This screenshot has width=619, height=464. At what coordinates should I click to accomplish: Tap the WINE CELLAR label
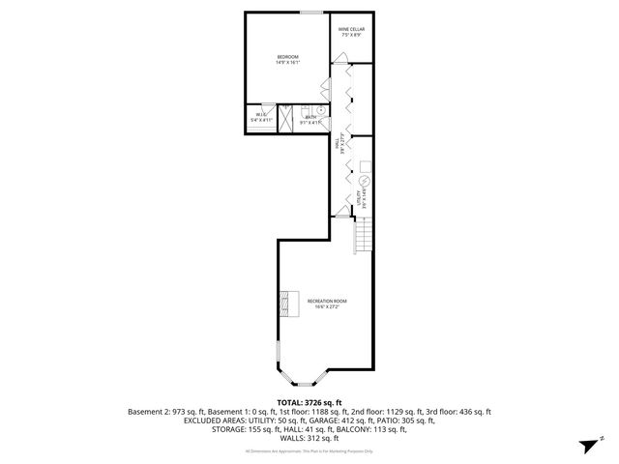(350, 29)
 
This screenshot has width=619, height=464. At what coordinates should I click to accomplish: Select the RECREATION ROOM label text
(327, 301)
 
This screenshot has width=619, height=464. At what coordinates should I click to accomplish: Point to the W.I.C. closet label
(261, 116)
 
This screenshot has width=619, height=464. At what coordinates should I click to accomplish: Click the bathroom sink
(321, 110)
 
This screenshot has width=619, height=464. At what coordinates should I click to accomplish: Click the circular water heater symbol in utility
(366, 182)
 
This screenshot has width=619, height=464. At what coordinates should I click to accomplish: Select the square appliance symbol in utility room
(365, 163)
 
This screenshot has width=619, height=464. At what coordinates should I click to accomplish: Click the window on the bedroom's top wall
(311, 13)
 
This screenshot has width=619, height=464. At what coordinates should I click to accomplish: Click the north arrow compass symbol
(587, 446)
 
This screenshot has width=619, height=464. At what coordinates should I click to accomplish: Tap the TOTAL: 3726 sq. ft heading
(309, 401)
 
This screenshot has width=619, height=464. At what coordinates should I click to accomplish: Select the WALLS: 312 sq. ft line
(309, 438)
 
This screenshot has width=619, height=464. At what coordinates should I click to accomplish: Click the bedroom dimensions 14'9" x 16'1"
(287, 63)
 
